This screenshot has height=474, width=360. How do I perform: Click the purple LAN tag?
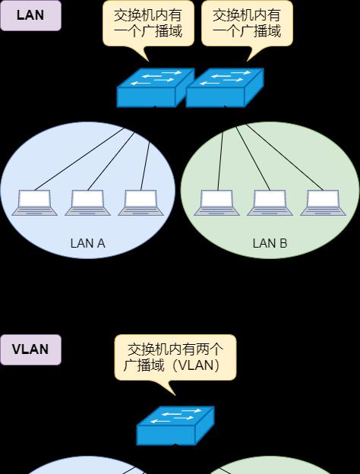[x=30, y=15]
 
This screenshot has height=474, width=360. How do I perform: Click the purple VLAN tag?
[x=30, y=349]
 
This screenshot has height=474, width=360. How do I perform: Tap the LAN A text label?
[x=87, y=243]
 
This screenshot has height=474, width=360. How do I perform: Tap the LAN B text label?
[x=270, y=243]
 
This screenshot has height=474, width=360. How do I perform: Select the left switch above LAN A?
[x=156, y=87]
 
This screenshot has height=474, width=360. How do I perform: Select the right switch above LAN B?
[x=225, y=87]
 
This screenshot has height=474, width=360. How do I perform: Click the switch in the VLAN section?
[x=175, y=425]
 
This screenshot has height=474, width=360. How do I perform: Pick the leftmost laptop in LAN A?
[x=34, y=203]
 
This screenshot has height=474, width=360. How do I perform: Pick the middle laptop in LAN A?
[x=87, y=203]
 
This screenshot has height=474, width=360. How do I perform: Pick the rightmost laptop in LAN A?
[x=141, y=203]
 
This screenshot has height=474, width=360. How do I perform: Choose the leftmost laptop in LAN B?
[x=216, y=203]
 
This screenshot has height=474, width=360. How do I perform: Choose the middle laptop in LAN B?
[x=270, y=203]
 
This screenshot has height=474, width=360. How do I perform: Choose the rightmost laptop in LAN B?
[x=323, y=203]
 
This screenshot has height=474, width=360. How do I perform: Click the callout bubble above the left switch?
[x=148, y=24]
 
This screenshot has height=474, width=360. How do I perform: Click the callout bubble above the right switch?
[x=248, y=24]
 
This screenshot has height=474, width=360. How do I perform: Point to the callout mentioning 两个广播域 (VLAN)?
[x=175, y=358]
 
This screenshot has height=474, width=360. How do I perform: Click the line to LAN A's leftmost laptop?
[x=79, y=159]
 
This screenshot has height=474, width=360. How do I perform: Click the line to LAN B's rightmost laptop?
[x=285, y=157]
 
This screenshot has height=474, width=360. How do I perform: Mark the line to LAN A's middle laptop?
[x=111, y=161]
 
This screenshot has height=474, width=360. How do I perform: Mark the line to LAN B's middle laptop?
[x=253, y=158]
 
